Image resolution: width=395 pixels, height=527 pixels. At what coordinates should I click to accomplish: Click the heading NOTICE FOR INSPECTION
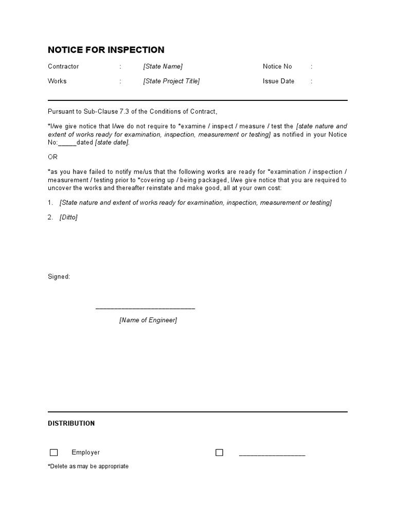tap(106, 50)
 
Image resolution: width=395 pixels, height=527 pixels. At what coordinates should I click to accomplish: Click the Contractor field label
tap(63, 66)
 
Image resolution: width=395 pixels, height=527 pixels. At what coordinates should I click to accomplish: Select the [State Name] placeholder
tap(163, 66)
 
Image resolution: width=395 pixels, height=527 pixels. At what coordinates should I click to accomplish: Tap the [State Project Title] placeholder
tap(171, 81)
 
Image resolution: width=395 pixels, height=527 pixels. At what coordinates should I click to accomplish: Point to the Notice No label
tap(277, 66)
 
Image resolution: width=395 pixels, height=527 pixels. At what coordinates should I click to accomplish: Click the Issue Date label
tap(278, 81)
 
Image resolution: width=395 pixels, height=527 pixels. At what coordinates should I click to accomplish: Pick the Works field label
tap(57, 81)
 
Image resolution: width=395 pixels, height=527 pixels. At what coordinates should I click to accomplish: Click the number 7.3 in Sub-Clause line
tap(126, 112)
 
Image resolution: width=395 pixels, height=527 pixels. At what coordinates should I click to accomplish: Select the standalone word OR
tap(53, 157)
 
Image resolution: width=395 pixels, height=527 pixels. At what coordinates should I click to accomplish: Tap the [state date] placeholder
tap(112, 143)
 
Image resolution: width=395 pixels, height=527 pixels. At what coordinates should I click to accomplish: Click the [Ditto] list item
tap(68, 217)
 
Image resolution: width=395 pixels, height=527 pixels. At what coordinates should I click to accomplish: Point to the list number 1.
tap(50, 203)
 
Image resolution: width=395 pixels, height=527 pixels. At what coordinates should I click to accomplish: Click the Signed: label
tap(59, 277)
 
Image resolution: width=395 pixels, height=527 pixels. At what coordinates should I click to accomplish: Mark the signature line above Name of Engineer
tap(146, 308)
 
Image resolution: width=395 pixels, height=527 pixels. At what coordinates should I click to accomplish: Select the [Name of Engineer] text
tap(148, 320)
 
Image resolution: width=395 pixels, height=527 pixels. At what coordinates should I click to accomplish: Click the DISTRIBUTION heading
tap(71, 424)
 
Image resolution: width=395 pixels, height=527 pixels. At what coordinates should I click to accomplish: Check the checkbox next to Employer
tap(54, 453)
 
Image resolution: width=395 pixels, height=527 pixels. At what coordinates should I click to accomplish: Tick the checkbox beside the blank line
tap(220, 453)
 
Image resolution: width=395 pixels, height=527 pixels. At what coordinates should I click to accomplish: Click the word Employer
tap(86, 452)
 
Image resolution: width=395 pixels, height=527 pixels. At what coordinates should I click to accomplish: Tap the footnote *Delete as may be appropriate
tap(88, 466)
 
